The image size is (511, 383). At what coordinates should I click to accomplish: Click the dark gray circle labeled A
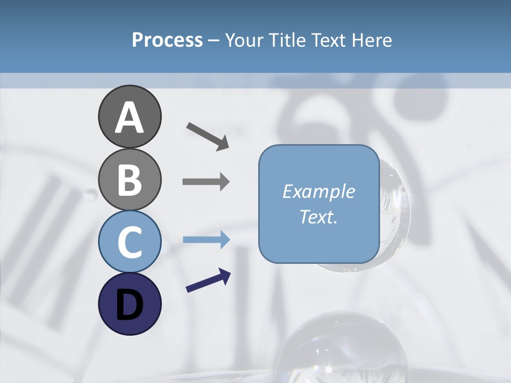coord(129,116)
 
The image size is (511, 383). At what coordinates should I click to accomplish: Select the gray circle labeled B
coord(129,179)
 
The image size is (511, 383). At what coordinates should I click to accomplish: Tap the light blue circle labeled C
coord(129,242)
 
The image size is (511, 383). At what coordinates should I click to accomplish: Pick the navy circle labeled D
coord(129,304)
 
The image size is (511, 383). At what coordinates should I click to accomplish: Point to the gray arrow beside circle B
coord(206,182)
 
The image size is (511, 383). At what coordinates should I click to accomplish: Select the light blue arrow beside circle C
coord(206,240)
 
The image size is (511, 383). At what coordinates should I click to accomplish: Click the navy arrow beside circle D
coord(208,280)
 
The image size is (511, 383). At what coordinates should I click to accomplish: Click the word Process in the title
coord(167,40)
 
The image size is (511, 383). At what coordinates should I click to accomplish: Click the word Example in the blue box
coord(318,191)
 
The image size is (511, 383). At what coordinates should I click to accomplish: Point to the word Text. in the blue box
coord(318,217)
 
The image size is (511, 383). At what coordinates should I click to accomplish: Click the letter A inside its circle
coord(129,118)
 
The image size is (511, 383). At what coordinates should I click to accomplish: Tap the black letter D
coord(129,304)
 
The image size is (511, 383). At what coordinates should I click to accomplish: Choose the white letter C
coord(129,242)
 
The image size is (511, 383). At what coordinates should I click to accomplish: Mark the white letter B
coord(129,180)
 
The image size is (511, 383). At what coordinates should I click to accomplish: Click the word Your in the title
coord(243,40)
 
